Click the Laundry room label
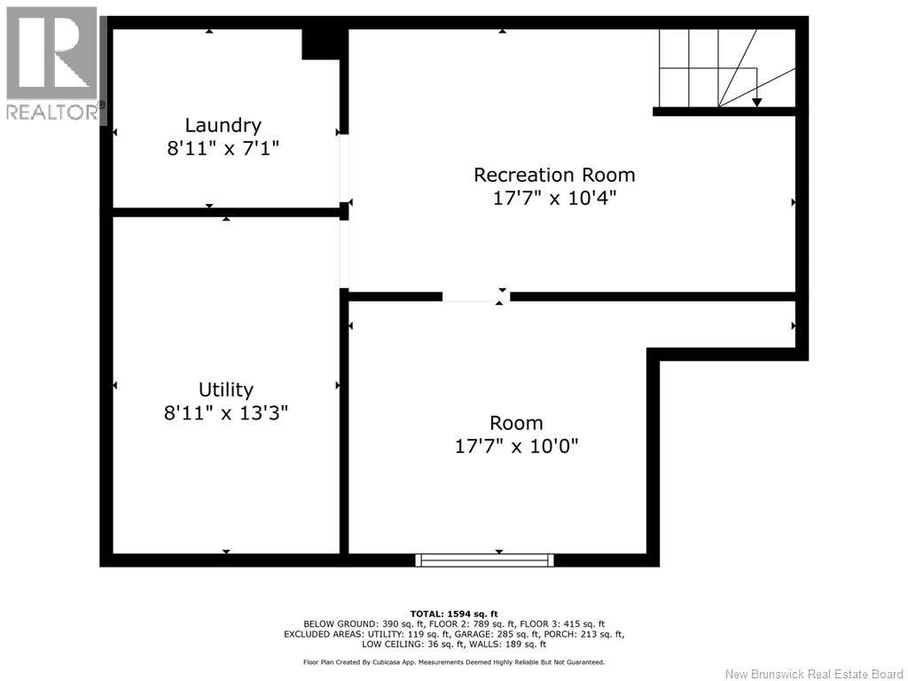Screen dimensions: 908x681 tap(223, 126)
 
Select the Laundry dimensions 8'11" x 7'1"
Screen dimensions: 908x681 tap(223, 149)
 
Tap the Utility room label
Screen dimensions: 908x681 tap(226, 390)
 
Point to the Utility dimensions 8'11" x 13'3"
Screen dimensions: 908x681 tap(226, 413)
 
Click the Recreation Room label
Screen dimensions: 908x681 tap(554, 175)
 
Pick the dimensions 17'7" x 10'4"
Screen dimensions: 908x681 tap(554, 198)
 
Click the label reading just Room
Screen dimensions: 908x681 tap(517, 423)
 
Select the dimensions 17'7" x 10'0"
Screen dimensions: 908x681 tap(517, 447)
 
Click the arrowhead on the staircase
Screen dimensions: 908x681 tap(757, 103)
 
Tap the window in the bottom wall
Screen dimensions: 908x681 tap(485, 560)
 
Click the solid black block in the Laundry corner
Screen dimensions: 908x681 tap(320, 44)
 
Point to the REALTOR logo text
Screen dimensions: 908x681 tap(52, 112)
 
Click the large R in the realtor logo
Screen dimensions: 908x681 tap(51, 53)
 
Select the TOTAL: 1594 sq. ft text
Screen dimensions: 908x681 tap(454, 614)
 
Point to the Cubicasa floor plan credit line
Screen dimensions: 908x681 tap(454, 661)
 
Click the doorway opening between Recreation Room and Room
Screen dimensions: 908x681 tap(476, 296)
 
